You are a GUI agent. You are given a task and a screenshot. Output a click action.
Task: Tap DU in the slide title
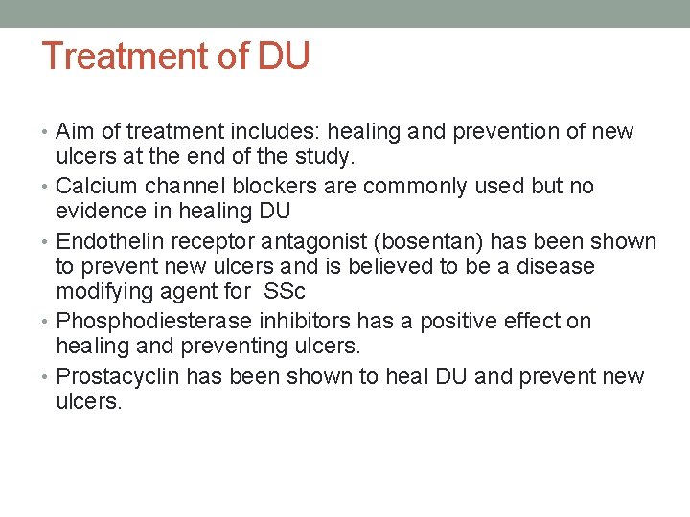click(284, 56)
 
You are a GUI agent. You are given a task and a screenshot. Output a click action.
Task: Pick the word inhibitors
click(292, 321)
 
